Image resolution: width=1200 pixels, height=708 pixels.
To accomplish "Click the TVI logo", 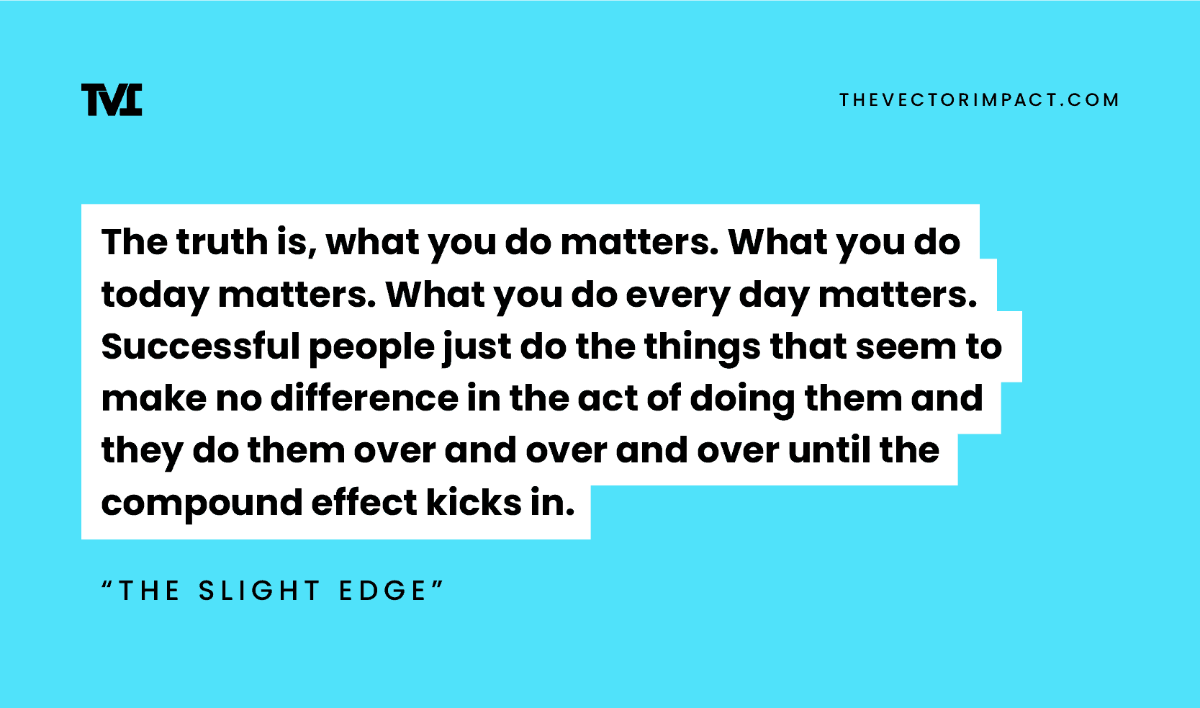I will [x=112, y=99].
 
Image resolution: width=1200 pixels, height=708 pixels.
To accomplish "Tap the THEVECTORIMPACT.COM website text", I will [x=979, y=99].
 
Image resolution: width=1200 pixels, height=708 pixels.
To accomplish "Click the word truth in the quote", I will [x=222, y=242].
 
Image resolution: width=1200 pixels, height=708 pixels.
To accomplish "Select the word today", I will [x=155, y=295].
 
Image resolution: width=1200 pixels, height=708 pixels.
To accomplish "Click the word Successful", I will [x=200, y=347].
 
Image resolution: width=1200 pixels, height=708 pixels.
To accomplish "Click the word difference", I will [x=364, y=399].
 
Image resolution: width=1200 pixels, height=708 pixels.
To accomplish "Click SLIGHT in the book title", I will [x=259, y=591].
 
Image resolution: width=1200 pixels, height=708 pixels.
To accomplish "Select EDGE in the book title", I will [x=383, y=591].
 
